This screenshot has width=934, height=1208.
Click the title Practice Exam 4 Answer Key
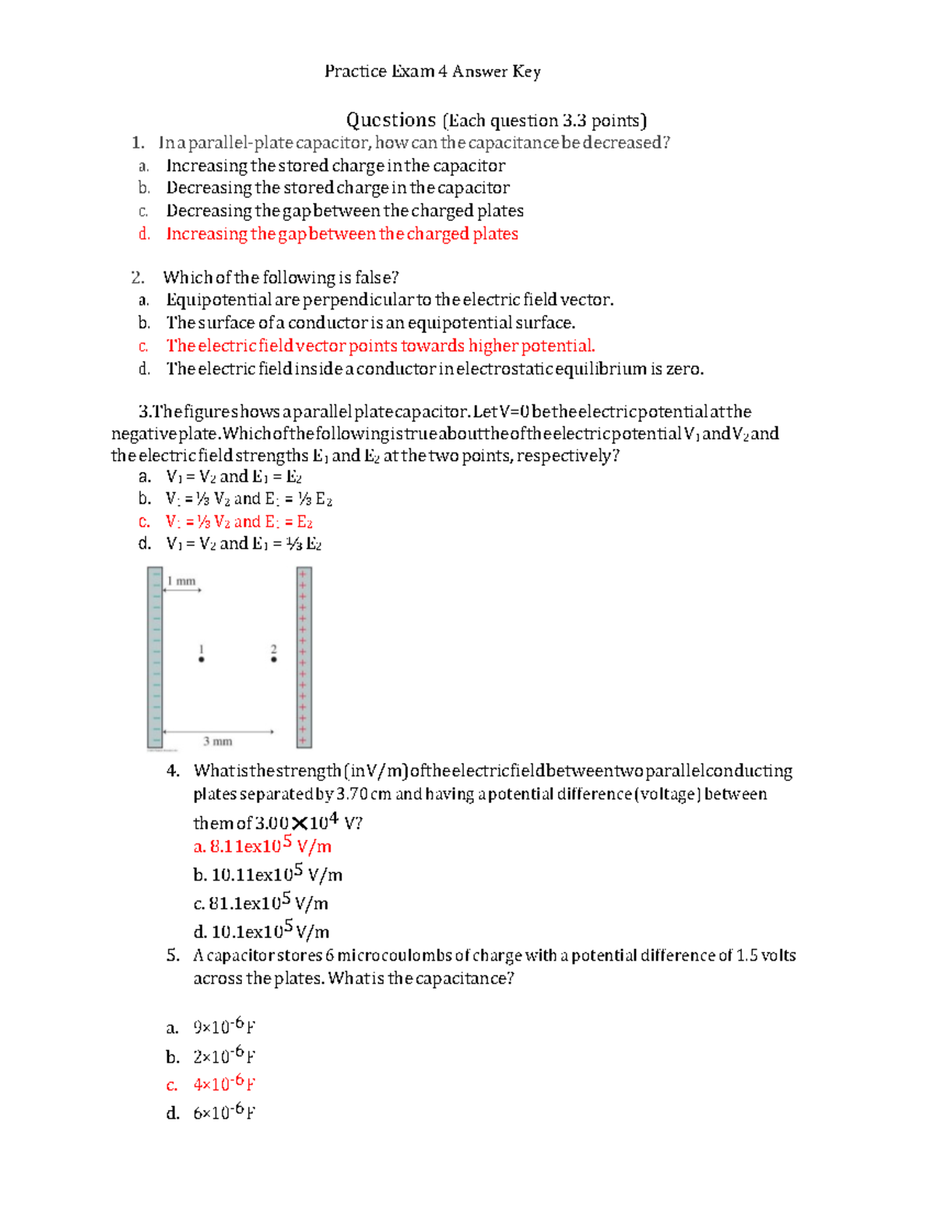pyautogui.click(x=432, y=72)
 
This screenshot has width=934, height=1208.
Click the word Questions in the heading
pyautogui.click(x=391, y=121)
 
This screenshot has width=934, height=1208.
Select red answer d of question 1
pyautogui.click(x=342, y=234)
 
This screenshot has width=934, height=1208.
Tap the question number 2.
pyautogui.click(x=138, y=278)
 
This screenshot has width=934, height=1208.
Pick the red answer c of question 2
pyautogui.click(x=380, y=346)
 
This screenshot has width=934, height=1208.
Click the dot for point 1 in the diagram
pyautogui.click(x=202, y=660)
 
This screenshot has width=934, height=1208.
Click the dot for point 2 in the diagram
pyautogui.click(x=273, y=660)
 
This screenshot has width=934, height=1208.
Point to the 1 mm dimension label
pyautogui.click(x=181, y=582)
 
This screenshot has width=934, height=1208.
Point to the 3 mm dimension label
pyautogui.click(x=218, y=741)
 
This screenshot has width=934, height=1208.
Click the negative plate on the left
pyautogui.click(x=155, y=657)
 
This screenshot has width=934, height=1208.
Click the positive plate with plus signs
pyautogui.click(x=304, y=657)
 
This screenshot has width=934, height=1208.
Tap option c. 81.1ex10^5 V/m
pyautogui.click(x=261, y=904)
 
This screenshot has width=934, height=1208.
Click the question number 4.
pyautogui.click(x=173, y=771)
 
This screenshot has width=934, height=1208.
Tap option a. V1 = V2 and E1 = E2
pyautogui.click(x=233, y=477)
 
